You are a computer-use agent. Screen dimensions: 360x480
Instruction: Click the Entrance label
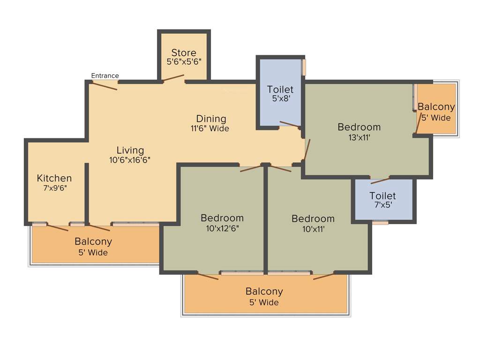tap(105, 75)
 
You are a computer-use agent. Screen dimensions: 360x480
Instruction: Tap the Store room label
tap(184, 52)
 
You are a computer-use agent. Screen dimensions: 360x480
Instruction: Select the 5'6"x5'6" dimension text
tap(184, 61)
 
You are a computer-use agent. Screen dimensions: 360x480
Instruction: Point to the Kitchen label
tap(54, 178)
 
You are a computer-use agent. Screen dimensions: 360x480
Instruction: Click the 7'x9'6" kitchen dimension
tap(54, 188)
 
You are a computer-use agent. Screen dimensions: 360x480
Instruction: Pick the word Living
tap(130, 150)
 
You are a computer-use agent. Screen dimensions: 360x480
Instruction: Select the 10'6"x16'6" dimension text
tap(130, 160)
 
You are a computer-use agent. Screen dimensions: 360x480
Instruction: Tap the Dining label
tap(211, 119)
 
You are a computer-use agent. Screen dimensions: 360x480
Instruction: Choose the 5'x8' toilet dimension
tap(280, 99)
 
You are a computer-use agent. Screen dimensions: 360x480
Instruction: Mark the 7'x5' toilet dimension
tap(382, 205)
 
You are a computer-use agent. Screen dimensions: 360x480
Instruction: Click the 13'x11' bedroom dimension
tap(359, 137)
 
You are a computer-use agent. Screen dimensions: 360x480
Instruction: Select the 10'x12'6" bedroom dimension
tap(222, 228)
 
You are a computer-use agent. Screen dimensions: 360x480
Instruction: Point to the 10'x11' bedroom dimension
tap(313, 229)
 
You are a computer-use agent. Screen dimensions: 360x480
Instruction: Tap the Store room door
tap(173, 78)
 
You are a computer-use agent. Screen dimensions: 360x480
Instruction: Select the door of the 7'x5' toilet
tap(380, 180)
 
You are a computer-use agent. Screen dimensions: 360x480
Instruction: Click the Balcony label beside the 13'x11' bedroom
tap(436, 107)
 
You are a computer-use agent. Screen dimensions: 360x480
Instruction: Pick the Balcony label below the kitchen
tap(93, 242)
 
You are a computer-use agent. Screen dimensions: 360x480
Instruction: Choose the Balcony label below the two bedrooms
tap(264, 292)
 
